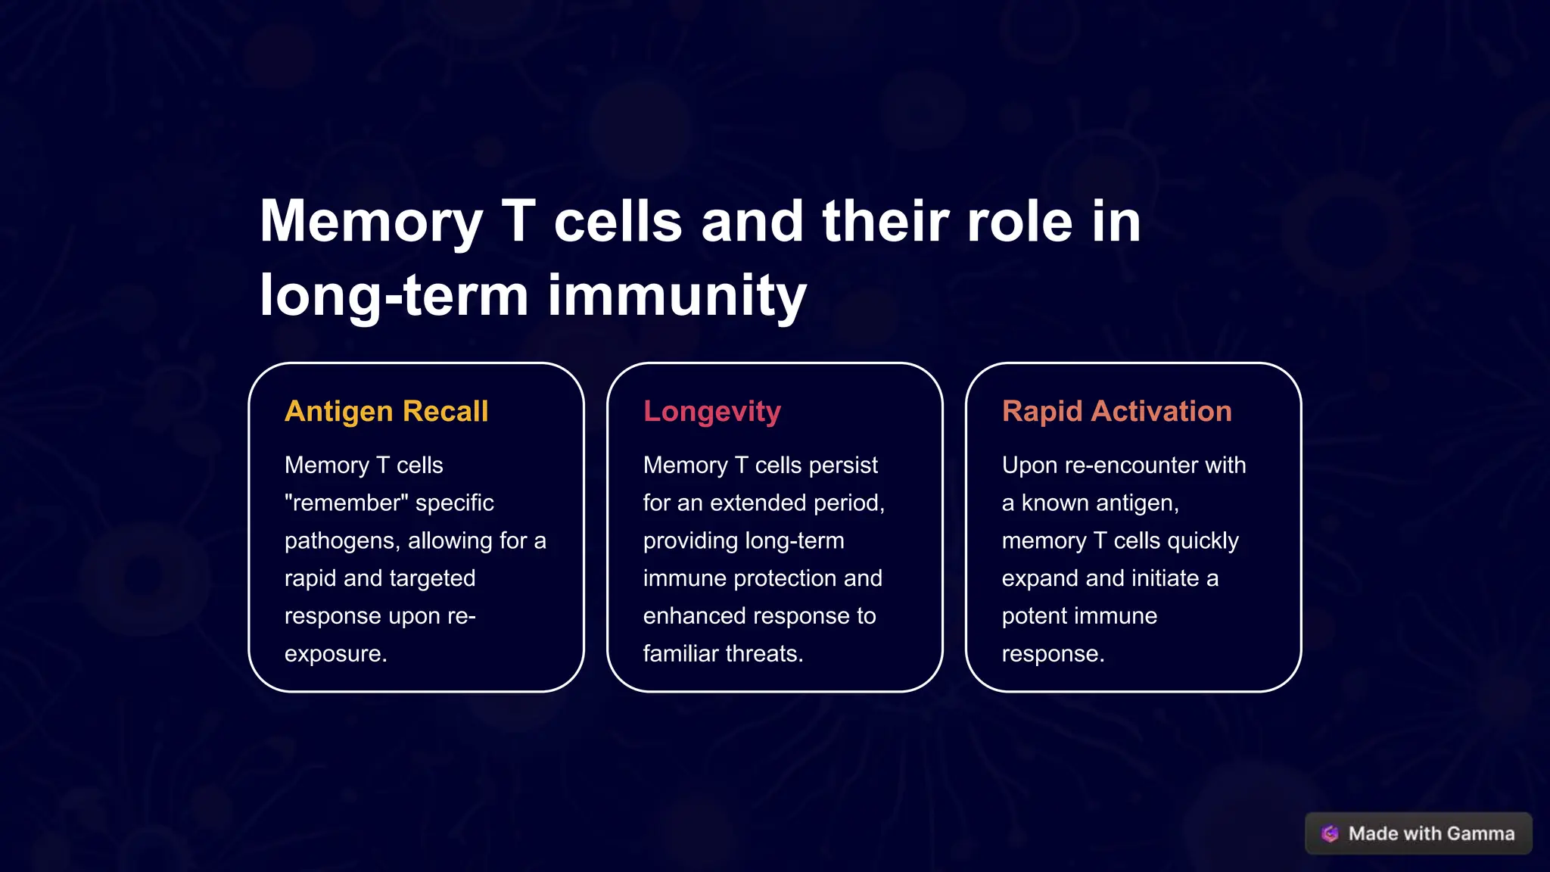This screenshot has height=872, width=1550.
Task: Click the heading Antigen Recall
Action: click(386, 411)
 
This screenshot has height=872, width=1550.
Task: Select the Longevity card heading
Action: click(711, 411)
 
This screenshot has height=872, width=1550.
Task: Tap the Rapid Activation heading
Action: click(1116, 411)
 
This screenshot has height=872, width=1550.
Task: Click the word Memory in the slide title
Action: click(371, 221)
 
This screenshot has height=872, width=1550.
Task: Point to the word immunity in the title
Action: click(677, 295)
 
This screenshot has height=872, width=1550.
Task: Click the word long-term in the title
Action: click(394, 295)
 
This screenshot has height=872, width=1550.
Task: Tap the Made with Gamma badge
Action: click(1418, 833)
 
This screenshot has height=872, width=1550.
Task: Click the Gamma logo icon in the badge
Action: click(1330, 833)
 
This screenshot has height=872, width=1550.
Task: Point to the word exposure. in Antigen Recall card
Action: click(335, 653)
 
